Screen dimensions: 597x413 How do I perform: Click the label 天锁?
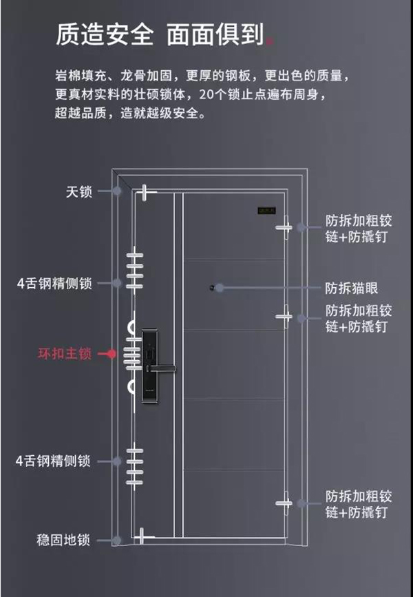coord(78,191)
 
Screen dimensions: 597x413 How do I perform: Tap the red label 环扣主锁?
coord(64,354)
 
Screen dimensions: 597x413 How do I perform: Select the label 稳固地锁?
coord(63,540)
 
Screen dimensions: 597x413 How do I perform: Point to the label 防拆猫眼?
coord(352,288)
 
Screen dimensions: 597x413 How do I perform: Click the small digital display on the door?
coord(266,211)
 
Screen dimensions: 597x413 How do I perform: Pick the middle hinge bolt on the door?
coord(284,316)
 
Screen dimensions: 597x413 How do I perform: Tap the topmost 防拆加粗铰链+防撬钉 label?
coord(358,229)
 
